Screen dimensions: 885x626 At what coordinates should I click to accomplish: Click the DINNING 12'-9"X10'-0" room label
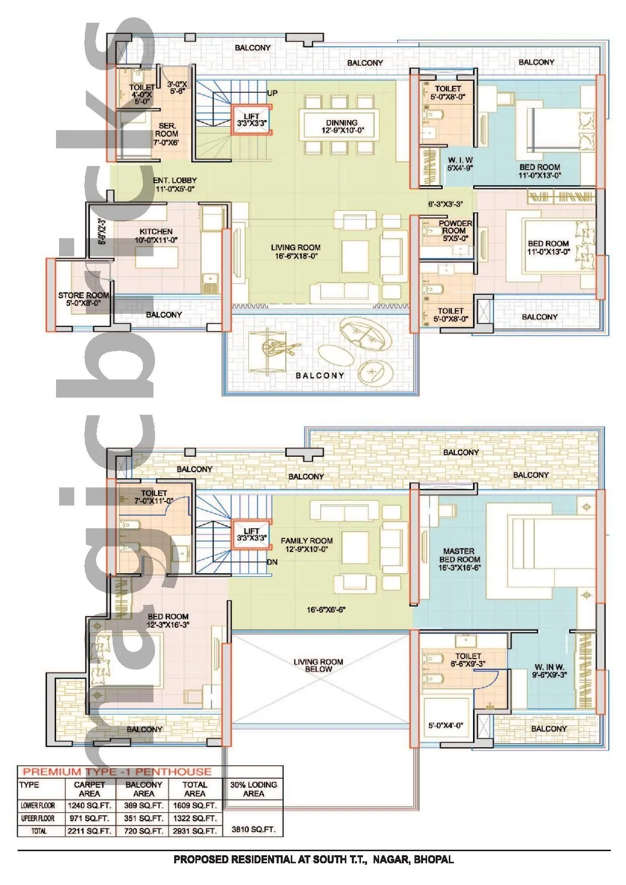pyautogui.click(x=342, y=127)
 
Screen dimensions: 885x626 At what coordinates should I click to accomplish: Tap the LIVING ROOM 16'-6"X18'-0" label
pyautogui.click(x=295, y=252)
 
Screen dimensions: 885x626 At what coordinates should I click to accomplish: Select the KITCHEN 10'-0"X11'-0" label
pyautogui.click(x=156, y=236)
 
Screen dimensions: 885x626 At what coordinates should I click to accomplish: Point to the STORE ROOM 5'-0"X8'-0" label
pyautogui.click(x=83, y=299)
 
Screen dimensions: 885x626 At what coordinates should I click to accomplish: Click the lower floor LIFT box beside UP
pyautogui.click(x=252, y=120)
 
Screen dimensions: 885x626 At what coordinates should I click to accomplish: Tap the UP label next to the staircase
pyautogui.click(x=272, y=93)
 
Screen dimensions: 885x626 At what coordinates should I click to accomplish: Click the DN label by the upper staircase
pyautogui.click(x=272, y=562)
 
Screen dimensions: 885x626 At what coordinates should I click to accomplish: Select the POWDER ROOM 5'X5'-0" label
pyautogui.click(x=454, y=231)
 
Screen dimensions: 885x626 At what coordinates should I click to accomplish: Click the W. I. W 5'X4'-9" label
pyautogui.click(x=460, y=164)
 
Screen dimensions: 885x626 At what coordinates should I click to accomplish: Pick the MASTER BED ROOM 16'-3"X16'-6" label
pyautogui.click(x=459, y=559)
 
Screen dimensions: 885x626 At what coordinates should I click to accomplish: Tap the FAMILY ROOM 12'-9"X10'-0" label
pyautogui.click(x=306, y=544)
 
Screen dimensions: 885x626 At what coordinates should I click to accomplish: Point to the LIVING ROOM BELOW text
pyautogui.click(x=318, y=665)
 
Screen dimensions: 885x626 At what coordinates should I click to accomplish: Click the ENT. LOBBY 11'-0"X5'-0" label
pyautogui.click(x=175, y=185)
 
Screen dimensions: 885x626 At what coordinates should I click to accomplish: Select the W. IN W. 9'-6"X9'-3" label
pyautogui.click(x=550, y=671)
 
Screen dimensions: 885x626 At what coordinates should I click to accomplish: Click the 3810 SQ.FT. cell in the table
pyautogui.click(x=253, y=829)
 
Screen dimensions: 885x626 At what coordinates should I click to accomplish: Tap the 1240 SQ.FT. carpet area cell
pyautogui.click(x=90, y=805)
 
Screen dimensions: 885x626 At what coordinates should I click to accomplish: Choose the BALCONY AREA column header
pyautogui.click(x=143, y=789)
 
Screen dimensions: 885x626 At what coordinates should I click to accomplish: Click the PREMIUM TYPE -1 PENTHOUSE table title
pyautogui.click(x=117, y=771)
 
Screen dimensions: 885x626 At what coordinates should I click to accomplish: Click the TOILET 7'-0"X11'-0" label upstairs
pyautogui.click(x=154, y=497)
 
